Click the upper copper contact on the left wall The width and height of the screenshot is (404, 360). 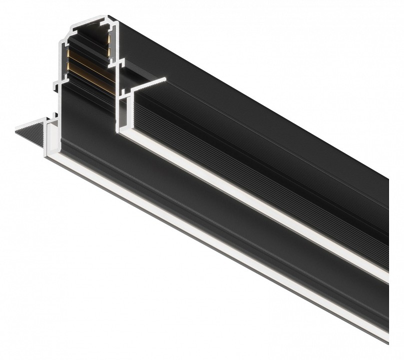tap(66, 52)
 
